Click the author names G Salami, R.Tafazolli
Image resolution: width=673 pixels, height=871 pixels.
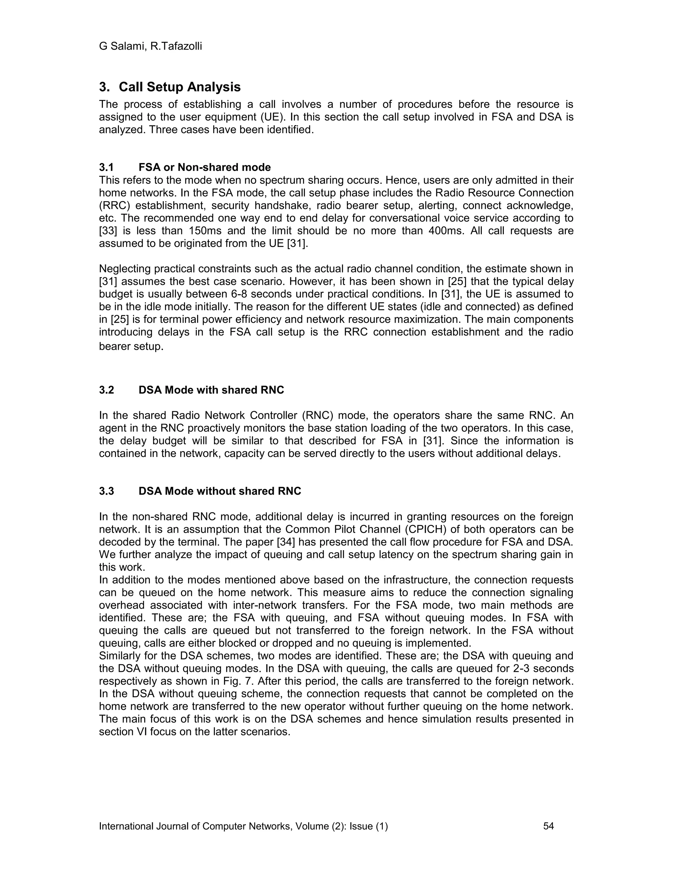150,46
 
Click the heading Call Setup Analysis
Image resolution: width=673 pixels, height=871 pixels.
179,87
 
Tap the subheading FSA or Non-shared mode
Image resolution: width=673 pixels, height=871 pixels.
204,167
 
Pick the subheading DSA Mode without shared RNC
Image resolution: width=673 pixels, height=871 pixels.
220,491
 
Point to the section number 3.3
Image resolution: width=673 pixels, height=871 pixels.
106,491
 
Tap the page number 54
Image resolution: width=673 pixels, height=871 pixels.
548,826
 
